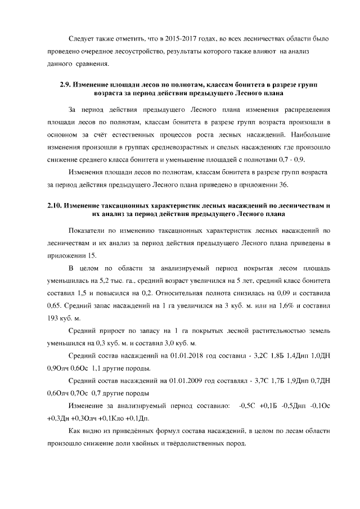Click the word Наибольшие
point(310,135)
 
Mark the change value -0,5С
point(248,406)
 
